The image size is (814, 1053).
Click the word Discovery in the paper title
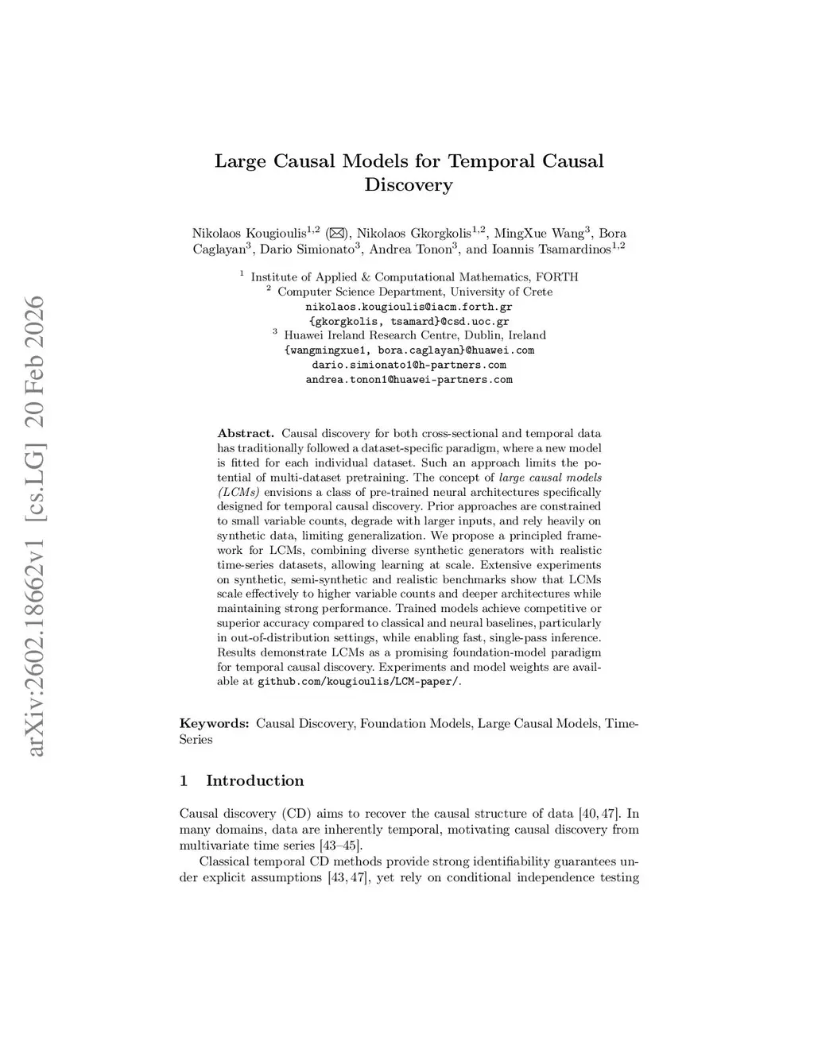[x=409, y=186]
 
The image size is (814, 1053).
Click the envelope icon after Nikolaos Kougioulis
[x=336, y=234]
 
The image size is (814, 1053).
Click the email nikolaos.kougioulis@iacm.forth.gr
[x=409, y=306]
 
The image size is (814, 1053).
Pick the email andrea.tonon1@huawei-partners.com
[x=409, y=380]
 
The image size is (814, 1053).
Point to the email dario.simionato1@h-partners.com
[x=409, y=365]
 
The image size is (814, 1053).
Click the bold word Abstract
[x=246, y=434]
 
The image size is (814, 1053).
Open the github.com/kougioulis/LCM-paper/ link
[x=358, y=682]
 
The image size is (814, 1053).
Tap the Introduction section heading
[x=254, y=781]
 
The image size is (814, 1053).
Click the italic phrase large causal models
[x=550, y=478]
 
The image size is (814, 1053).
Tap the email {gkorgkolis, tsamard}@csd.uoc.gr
[x=409, y=321]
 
